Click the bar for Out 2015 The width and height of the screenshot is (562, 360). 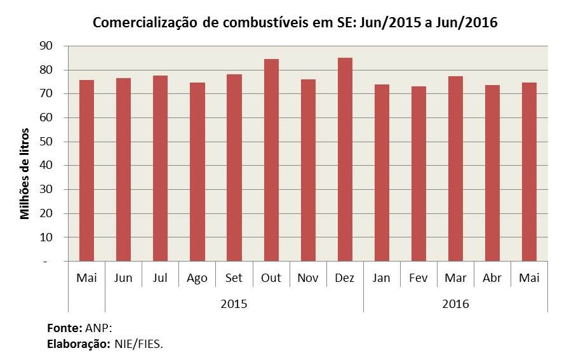coord(271,160)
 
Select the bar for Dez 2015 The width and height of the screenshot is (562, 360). coord(345,159)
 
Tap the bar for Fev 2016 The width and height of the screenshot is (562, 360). coord(418,174)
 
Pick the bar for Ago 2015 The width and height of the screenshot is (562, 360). coord(197,172)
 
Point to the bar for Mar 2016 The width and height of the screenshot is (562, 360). coord(455,169)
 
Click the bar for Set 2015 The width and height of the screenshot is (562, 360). coord(234,168)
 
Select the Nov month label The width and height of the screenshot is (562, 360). coord(308,278)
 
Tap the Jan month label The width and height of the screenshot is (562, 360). coord(382,278)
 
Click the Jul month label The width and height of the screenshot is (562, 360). coord(160,278)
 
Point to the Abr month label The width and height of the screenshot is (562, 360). coord(492,278)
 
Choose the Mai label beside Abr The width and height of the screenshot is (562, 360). coord(529,278)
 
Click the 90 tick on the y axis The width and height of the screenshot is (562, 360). coord(46,46)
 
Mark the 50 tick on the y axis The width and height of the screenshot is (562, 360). coord(46,142)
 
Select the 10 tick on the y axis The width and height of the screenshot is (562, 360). coord(46,237)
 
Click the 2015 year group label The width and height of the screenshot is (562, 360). coord(234,304)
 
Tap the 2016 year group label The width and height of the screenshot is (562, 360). coord(455,304)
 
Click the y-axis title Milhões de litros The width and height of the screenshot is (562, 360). coord(25,174)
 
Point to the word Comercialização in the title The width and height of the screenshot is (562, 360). coord(145,23)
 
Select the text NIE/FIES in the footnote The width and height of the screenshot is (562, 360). coord(138,345)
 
